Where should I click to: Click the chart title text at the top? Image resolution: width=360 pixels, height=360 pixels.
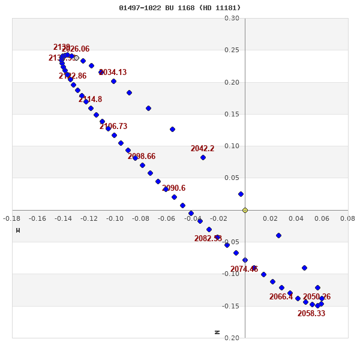click(179, 8)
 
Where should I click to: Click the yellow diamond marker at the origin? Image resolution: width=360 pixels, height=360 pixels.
click(245, 210)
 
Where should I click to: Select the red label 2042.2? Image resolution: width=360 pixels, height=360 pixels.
click(202, 149)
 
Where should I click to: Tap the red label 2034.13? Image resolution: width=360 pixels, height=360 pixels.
click(113, 73)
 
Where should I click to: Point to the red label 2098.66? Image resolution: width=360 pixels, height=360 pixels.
click(141, 157)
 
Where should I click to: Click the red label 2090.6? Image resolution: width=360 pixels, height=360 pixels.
click(173, 188)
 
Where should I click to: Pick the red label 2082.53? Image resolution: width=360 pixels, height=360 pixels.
click(208, 239)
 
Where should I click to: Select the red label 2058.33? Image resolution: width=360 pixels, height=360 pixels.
click(311, 314)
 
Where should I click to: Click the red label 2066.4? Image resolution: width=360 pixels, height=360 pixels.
click(281, 297)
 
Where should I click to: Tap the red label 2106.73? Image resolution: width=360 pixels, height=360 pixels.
click(113, 127)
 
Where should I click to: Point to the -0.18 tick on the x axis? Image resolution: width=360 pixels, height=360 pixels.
click(11, 219)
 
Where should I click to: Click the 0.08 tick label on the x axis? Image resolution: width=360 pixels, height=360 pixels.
click(347, 219)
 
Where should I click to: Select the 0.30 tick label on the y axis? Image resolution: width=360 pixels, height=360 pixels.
click(232, 18)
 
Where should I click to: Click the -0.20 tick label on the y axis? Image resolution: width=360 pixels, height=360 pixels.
click(230, 338)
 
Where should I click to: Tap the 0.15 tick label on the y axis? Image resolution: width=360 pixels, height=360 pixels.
click(232, 114)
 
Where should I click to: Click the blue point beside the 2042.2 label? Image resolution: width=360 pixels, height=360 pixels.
click(203, 157)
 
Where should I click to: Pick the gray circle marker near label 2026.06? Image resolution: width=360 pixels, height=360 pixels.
click(76, 58)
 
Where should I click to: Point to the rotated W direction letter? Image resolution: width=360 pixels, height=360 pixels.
click(18, 230)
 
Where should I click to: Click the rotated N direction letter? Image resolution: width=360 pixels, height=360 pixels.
click(217, 332)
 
